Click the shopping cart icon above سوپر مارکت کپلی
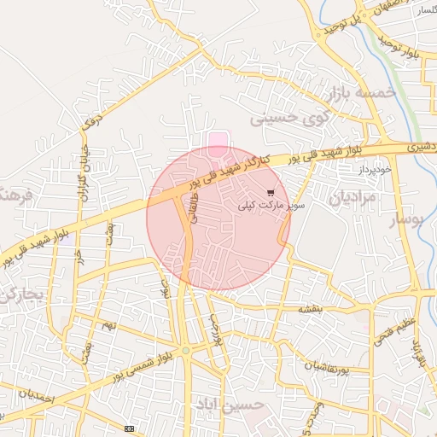[271, 193]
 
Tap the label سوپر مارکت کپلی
[269, 206]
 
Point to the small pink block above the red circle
[219, 139]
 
